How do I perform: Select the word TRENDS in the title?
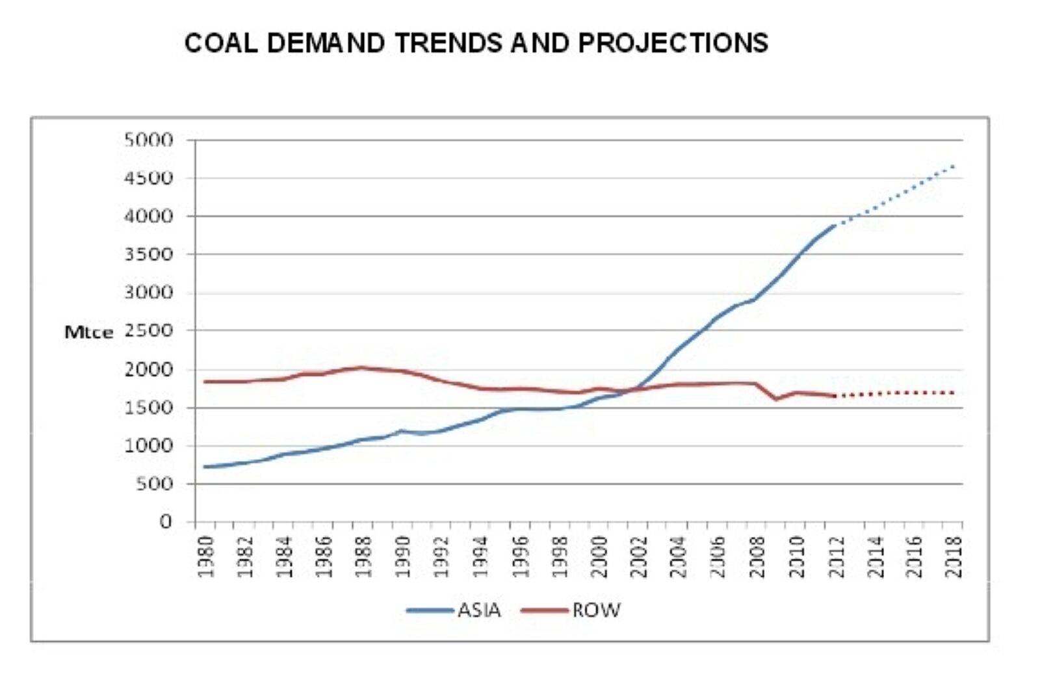448,43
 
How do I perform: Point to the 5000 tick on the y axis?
149,140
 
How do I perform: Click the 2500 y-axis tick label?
149,331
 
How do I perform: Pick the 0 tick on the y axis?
166,521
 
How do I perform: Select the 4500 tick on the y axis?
149,178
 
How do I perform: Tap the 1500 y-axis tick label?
149,408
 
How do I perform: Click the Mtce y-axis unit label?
88,332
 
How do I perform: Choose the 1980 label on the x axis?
205,557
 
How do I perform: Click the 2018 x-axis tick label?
954,557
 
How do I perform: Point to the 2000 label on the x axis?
599,557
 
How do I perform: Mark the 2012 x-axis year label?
836,557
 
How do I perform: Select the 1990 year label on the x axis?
402,557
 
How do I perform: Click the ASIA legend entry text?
479,610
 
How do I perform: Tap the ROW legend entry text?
596,610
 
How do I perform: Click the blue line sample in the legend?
430,610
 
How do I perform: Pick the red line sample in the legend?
544,610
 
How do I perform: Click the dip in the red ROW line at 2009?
776,399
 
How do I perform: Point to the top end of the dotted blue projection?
953,166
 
